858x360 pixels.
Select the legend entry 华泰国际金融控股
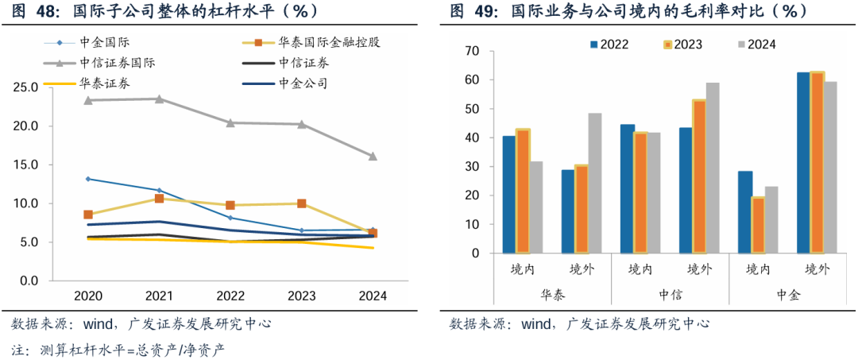click(329, 43)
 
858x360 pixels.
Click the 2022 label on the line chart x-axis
click(230, 296)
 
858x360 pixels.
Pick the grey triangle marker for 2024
click(373, 156)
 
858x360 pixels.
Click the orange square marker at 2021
click(159, 199)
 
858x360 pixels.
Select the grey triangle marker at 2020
click(87, 100)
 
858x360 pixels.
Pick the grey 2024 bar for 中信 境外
click(713, 168)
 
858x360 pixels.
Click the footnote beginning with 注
click(119, 349)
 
